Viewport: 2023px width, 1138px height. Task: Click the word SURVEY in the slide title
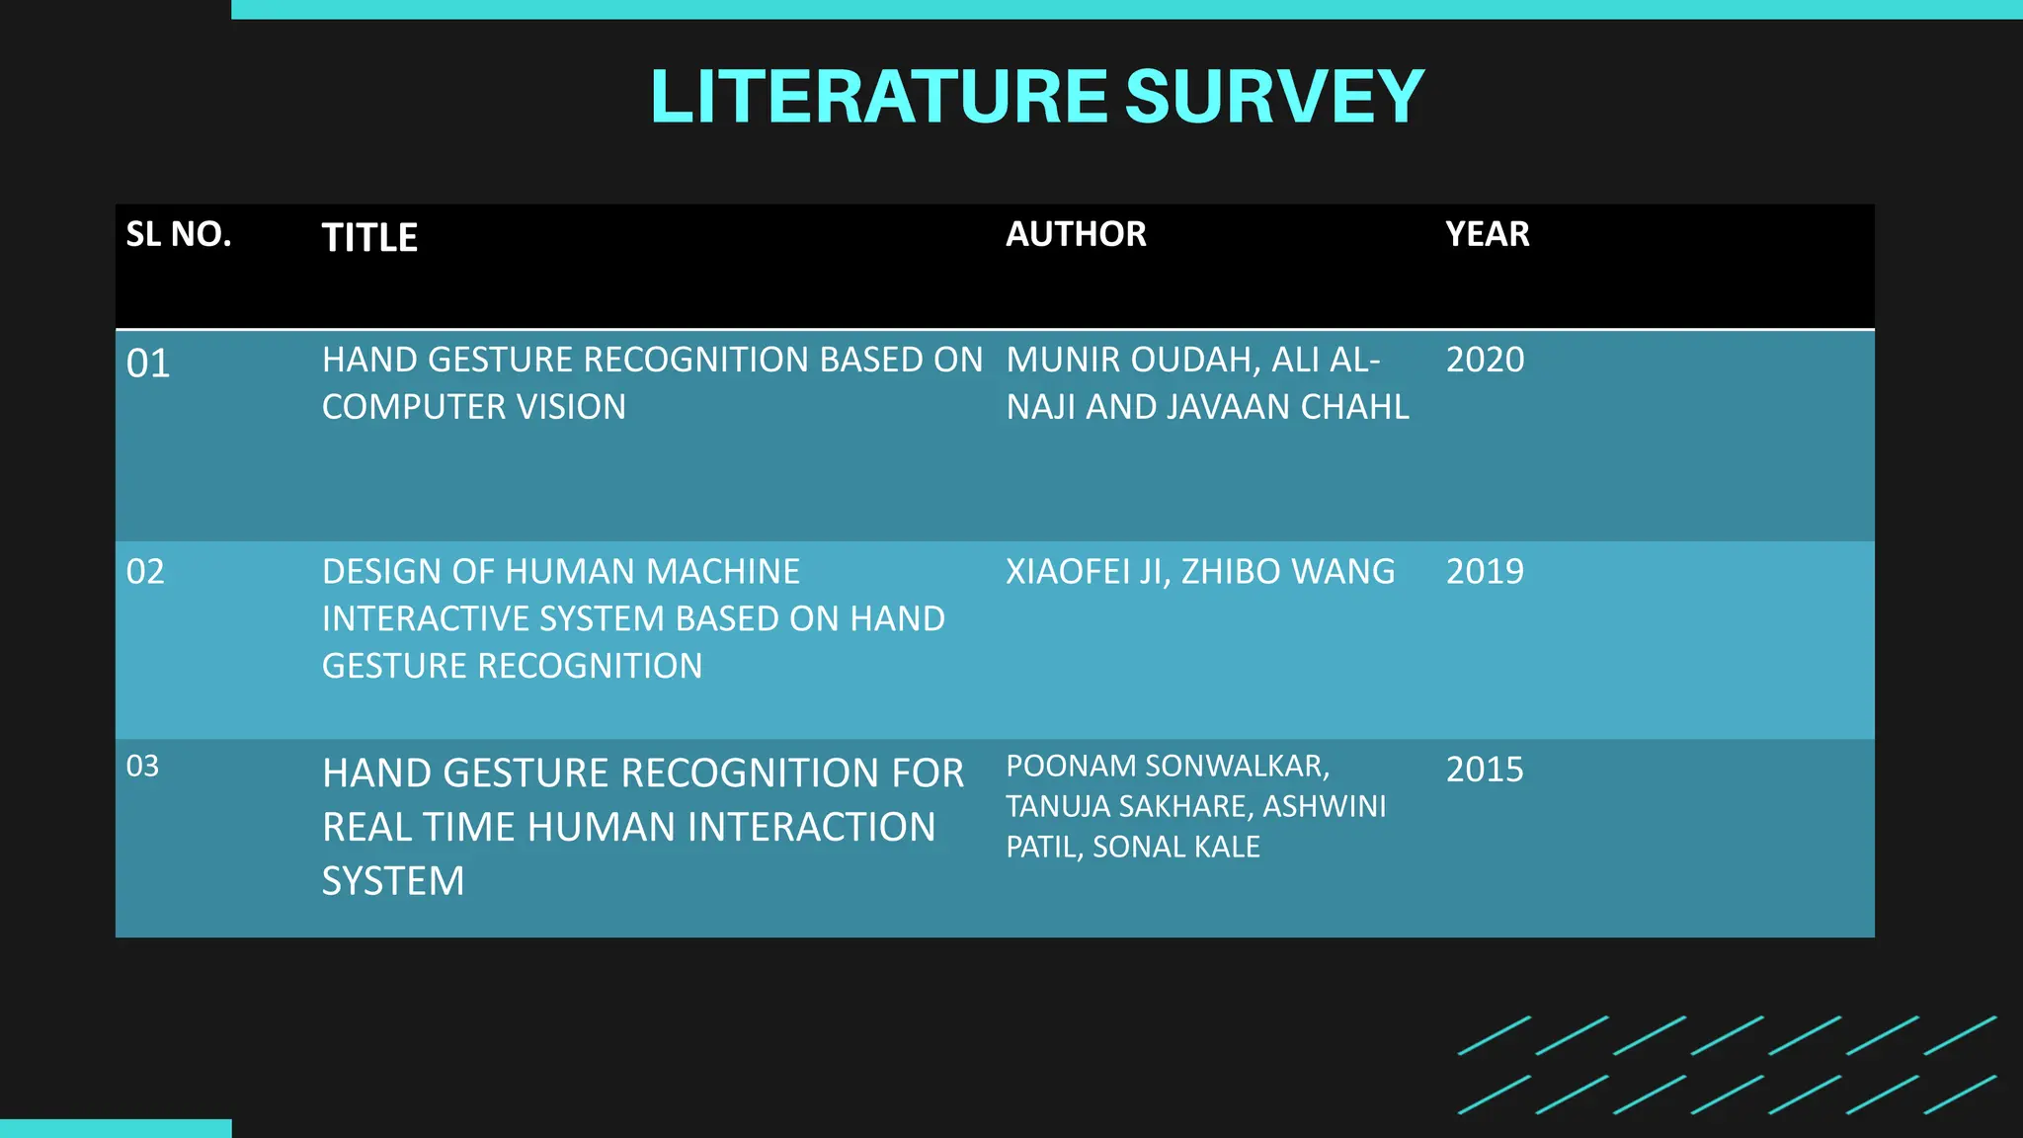1274,97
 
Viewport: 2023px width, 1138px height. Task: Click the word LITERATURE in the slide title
879,97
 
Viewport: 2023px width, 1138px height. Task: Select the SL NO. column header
179,234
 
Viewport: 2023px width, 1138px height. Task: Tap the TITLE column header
369,238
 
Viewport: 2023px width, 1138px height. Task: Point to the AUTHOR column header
1076,234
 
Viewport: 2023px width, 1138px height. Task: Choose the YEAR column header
1487,234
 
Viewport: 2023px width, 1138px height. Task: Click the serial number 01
148,364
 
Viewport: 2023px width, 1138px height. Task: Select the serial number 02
145,572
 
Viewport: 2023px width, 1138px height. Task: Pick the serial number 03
142,766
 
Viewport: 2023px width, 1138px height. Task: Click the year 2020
1485,360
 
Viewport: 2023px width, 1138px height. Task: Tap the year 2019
1485,572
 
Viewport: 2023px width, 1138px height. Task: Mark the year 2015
1485,770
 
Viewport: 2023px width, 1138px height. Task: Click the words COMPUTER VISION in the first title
474,407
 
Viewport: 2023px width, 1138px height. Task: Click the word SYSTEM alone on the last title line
393,881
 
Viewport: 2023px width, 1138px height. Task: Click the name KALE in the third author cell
1227,847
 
